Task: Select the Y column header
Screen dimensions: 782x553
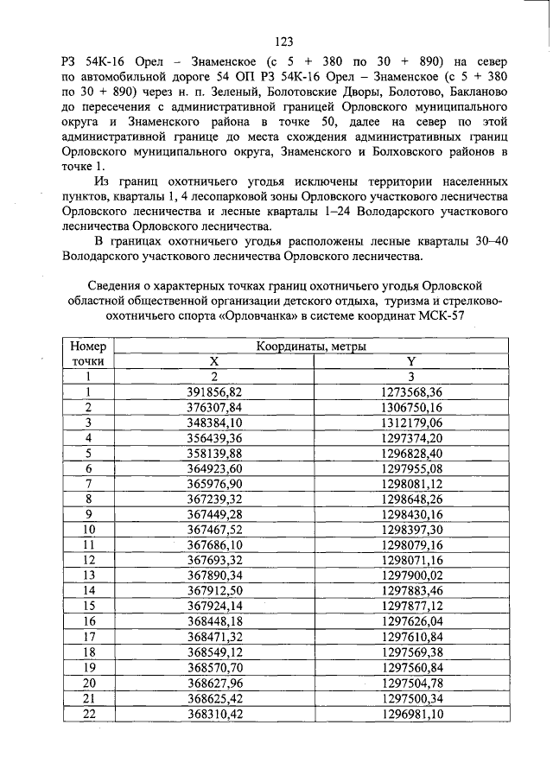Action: (x=411, y=361)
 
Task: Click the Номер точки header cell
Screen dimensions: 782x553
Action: (x=88, y=353)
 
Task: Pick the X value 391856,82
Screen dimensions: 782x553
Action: (x=215, y=391)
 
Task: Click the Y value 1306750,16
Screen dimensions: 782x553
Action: (x=411, y=407)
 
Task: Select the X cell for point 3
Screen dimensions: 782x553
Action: (x=215, y=422)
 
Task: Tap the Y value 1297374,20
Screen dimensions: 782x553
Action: (x=411, y=437)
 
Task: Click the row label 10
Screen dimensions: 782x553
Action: (x=88, y=528)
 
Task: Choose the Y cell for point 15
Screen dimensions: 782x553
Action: (x=411, y=604)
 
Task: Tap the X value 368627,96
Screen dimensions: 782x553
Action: (x=215, y=682)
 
